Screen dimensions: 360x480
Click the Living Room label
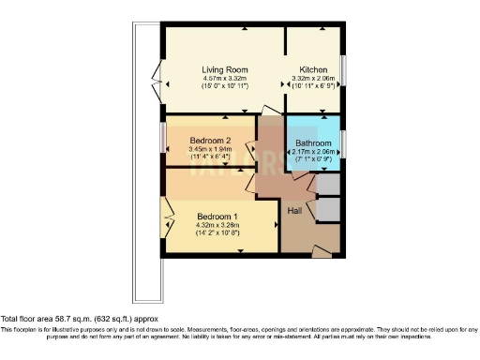[224, 69]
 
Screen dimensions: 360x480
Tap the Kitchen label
[312, 69]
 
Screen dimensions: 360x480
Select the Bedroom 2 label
[209, 141]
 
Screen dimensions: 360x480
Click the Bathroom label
[312, 143]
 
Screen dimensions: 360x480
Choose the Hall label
[294, 209]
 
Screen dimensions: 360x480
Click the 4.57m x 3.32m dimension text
[224, 78]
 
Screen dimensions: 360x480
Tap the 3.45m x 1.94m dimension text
[210, 149]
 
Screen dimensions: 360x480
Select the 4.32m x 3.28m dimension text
[217, 225]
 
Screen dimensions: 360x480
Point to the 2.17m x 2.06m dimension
[312, 152]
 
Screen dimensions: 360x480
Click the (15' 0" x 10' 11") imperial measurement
[224, 85]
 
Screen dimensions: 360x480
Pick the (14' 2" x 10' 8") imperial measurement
[217, 232]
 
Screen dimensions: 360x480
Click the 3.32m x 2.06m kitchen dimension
[312, 78]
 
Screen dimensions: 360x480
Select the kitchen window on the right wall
[343, 70]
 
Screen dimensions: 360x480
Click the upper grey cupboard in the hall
[328, 184]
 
